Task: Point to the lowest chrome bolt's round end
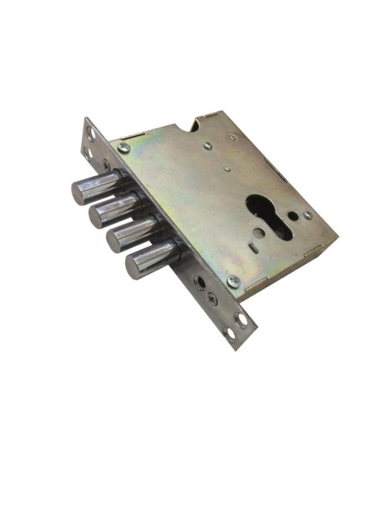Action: pyautogui.click(x=138, y=267)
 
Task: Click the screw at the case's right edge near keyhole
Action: pyautogui.click(x=307, y=215)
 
